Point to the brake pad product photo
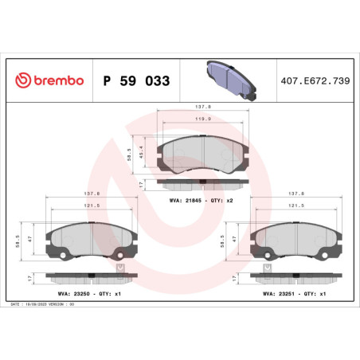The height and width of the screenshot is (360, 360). tap(227, 80)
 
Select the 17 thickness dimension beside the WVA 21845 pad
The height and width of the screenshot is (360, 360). tap(141, 183)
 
